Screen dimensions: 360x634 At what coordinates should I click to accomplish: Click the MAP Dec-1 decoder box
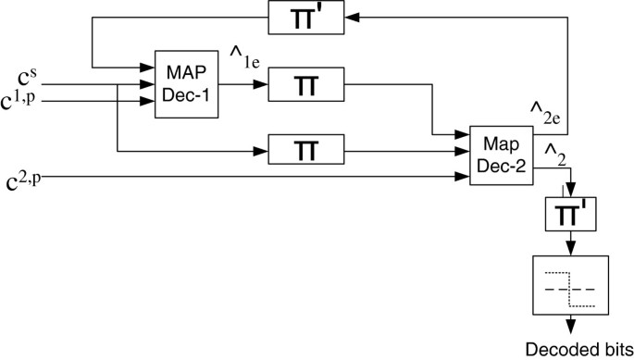[x=186, y=86]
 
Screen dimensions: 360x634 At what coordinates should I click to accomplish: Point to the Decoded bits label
[x=576, y=350]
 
